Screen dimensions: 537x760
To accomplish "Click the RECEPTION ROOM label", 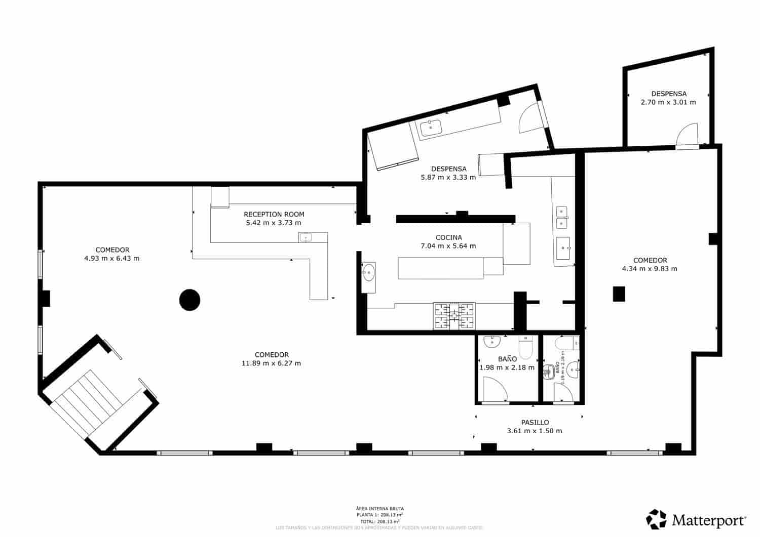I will point(274,214).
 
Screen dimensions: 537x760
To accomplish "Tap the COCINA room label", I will point(448,237).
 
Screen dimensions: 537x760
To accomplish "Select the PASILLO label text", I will point(535,422).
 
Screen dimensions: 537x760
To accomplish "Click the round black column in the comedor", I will point(189,300).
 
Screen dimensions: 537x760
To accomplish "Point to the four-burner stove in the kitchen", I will point(454,316).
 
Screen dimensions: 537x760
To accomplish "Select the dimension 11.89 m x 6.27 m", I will point(271,363).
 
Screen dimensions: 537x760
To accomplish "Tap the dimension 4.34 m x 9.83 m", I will point(649,269).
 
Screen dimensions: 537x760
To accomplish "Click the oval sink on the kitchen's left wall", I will point(368,273).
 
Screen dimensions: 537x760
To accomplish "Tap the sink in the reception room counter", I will point(306,237).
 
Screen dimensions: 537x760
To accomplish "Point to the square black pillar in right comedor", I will point(619,294).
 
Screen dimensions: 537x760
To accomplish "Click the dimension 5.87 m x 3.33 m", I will point(448,177).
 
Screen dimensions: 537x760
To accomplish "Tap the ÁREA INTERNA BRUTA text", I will point(379,509).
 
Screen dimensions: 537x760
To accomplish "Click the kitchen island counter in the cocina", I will point(440,268).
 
